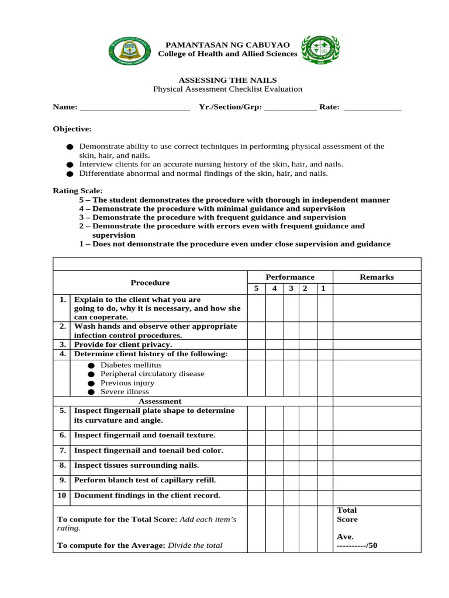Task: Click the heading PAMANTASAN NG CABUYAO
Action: click(227, 45)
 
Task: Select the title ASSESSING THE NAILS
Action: click(227, 80)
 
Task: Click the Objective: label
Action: click(72, 128)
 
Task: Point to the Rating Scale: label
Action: click(78, 190)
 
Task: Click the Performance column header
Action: click(290, 277)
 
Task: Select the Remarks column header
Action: click(377, 277)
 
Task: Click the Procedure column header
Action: click(150, 283)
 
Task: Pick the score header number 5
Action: click(256, 288)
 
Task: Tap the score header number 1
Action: click(323, 288)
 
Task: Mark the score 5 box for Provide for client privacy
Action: click(256, 345)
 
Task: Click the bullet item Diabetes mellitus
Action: click(123, 364)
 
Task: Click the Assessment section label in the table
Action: click(160, 401)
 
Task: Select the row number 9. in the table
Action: click(62, 480)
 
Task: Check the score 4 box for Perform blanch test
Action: click(274, 482)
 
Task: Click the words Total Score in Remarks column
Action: click(347, 514)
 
